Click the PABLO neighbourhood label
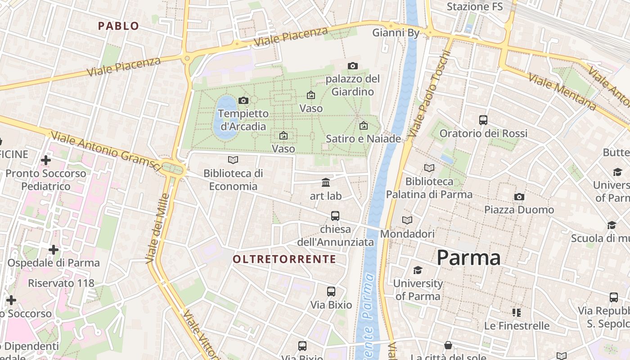[119, 26]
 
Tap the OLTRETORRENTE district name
[284, 259]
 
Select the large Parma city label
[468, 258]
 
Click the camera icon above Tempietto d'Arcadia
[243, 100]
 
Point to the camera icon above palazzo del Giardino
[353, 66]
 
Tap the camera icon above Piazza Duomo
[519, 197]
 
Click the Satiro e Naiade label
[363, 139]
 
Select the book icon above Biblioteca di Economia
[233, 160]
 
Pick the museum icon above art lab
[326, 182]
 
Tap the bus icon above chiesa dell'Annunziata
[335, 216]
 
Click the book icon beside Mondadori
[407, 220]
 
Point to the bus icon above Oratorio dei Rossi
[483, 120]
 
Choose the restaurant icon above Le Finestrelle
[516, 312]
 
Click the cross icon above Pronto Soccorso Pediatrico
[45, 160]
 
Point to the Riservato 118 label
[61, 283]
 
